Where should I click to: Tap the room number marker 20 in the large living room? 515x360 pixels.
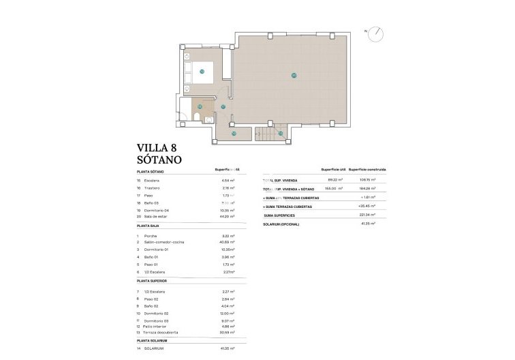[294, 75]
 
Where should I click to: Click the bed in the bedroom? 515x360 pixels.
[202, 71]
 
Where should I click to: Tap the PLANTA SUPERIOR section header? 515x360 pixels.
[156, 280]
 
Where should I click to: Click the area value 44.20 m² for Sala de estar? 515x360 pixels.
[228, 215]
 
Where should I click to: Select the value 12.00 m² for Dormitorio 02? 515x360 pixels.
[228, 314]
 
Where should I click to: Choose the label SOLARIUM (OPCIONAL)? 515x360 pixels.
[281, 224]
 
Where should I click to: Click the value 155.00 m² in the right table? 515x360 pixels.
[333, 188]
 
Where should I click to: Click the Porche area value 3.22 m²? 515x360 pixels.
[228, 235]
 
